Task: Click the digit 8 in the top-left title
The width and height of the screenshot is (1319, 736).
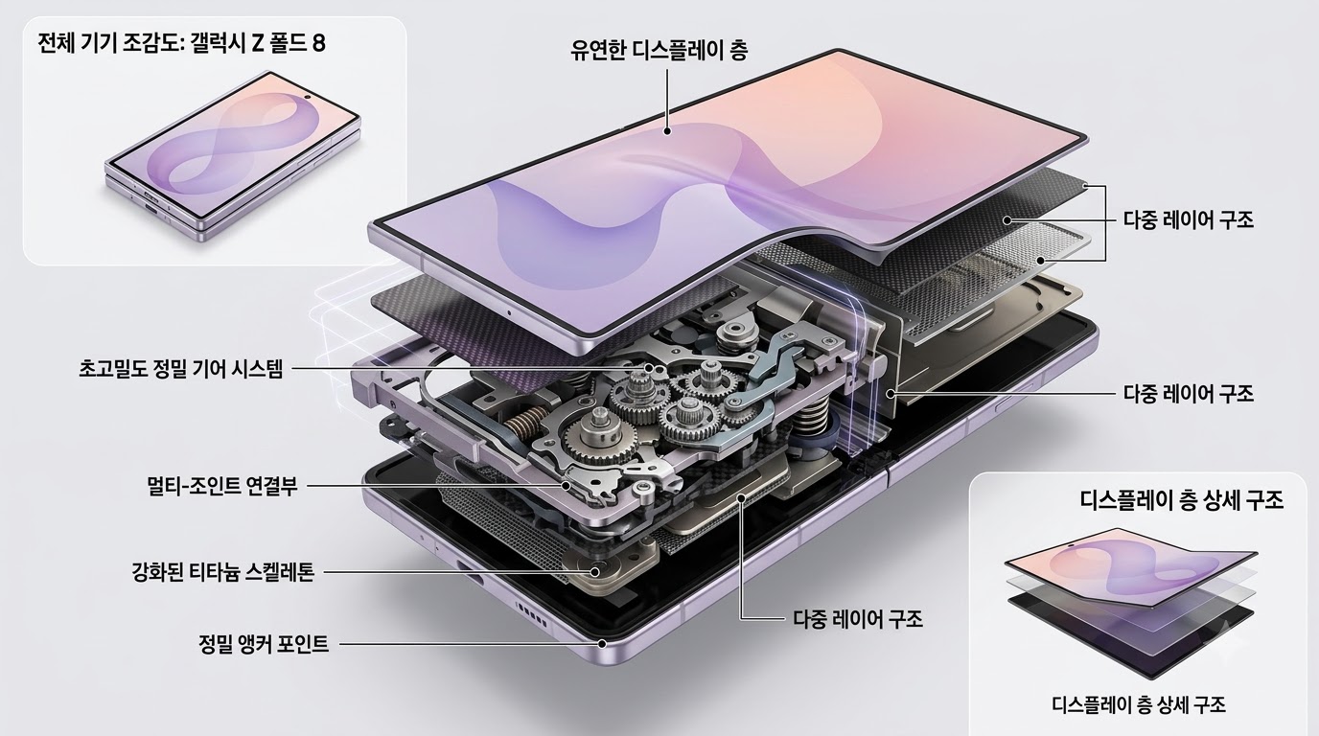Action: [318, 43]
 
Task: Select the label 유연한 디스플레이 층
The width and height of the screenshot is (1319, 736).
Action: [659, 50]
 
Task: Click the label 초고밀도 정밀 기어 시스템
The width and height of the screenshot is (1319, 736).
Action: [181, 370]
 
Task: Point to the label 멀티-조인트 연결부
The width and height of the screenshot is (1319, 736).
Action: [222, 486]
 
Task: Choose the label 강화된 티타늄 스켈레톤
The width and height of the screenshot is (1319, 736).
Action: [222, 572]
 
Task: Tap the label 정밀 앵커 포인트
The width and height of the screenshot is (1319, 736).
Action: [264, 644]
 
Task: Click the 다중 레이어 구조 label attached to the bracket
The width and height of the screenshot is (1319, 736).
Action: [1189, 220]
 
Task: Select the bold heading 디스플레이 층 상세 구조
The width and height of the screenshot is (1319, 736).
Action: [1182, 500]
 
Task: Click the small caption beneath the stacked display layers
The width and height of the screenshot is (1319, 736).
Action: [1139, 704]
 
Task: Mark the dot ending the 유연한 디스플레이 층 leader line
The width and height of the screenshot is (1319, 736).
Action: [667, 131]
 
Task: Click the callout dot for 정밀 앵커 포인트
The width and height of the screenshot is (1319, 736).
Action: [602, 644]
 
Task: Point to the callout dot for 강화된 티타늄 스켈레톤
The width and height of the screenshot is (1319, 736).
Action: [595, 571]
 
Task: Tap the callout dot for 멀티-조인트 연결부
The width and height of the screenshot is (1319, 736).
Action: [566, 486]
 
